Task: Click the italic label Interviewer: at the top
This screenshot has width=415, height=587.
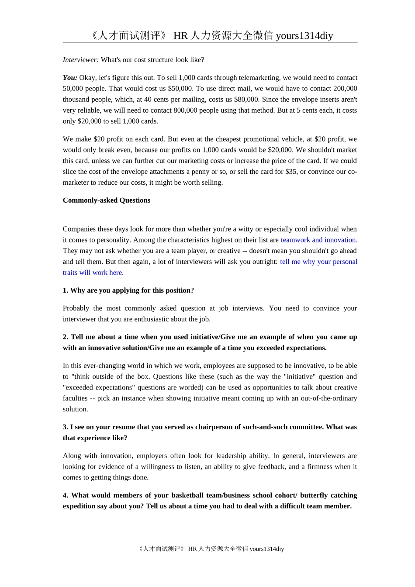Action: [81, 60]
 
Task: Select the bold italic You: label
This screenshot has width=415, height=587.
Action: [70, 78]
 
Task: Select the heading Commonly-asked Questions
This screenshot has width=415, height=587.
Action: [107, 200]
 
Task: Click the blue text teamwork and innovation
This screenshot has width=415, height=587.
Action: [319, 240]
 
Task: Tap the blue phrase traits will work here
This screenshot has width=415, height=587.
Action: [93, 273]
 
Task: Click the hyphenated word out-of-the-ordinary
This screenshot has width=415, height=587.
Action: [329, 398]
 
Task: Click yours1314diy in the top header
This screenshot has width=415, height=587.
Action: [304, 36]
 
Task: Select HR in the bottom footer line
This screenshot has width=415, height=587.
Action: [193, 549]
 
